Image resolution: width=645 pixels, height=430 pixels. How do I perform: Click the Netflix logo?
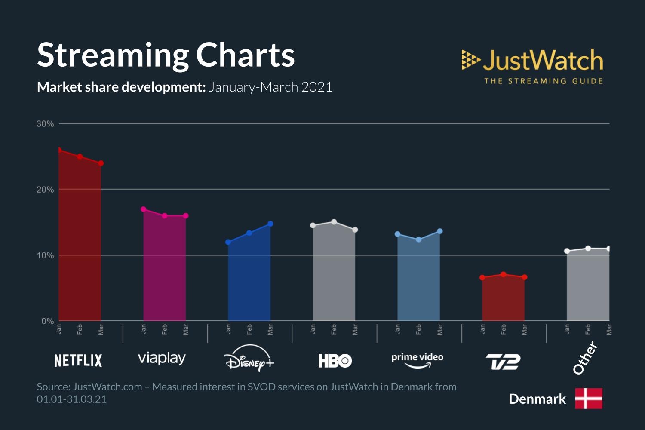78,360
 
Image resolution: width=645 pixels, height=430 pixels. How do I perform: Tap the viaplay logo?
162,358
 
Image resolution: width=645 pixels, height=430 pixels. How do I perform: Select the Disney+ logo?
249,359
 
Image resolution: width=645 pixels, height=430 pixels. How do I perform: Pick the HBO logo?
335,360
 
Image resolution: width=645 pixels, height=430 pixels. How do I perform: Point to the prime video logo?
417,360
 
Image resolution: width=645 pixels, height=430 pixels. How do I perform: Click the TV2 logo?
503,362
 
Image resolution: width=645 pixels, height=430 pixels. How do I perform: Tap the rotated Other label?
585,358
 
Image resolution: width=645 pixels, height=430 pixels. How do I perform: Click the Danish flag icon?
589,399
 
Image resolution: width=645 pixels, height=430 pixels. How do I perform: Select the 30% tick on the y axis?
45,124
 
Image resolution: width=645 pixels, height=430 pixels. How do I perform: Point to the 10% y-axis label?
45,255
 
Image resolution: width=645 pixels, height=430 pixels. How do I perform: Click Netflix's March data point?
101,163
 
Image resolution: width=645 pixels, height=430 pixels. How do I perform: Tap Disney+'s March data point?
270,224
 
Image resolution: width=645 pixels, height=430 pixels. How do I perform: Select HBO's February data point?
334,222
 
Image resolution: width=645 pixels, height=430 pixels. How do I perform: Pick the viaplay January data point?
144,209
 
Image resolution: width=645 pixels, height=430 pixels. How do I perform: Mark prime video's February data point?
419,240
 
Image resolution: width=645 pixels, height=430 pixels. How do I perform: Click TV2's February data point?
503,274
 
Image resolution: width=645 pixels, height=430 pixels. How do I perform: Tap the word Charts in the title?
245,55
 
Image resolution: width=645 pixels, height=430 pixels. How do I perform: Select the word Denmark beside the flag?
537,399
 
